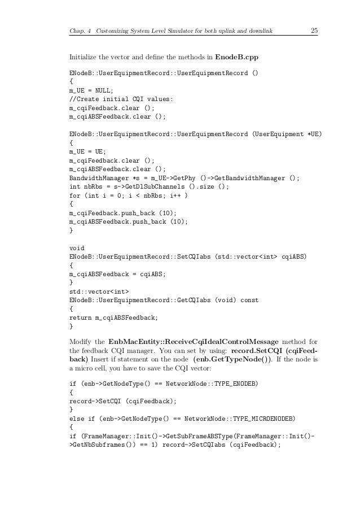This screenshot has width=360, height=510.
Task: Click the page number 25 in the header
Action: [314, 30]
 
